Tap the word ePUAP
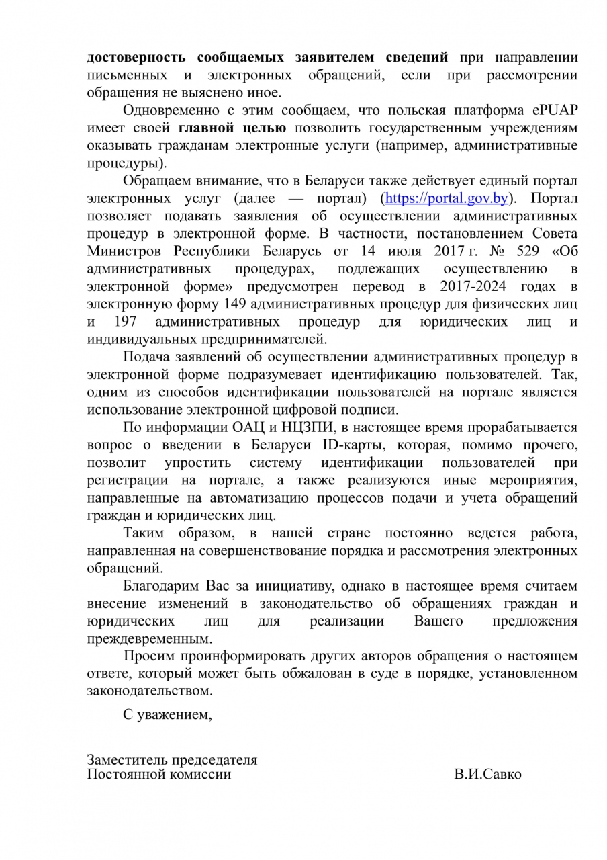coord(555,111)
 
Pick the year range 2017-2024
coord(443,286)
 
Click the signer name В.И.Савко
coord(487,775)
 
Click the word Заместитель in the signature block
coord(128,760)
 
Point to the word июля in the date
coord(395,251)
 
